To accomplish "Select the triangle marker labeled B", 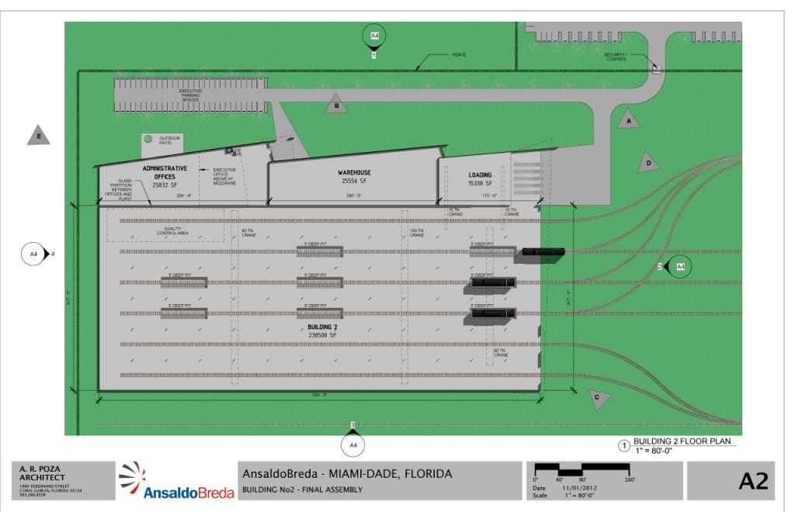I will pos(336,105).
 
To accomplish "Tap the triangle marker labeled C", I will pos(597,399).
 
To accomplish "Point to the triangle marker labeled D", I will pos(647,163).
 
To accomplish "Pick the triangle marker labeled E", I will pos(38,136).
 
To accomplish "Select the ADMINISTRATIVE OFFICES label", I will pos(165,172).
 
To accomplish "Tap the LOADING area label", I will pos(481,175).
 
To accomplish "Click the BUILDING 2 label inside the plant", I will pos(321,327).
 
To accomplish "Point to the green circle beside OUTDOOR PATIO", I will pos(148,140).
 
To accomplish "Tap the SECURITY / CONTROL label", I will pos(616,57).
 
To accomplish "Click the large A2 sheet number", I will pos(752,481).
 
